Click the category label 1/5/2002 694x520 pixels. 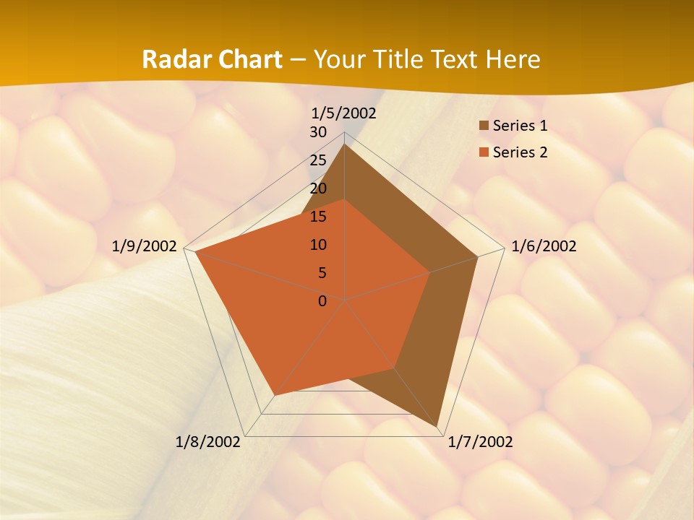[344, 113]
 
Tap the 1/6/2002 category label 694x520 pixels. [544, 246]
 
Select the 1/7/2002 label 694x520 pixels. [480, 442]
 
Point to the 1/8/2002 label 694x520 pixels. [208, 442]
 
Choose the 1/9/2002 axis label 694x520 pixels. [145, 246]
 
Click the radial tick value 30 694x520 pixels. [318, 133]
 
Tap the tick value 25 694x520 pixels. [318, 160]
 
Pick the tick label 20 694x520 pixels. [318, 188]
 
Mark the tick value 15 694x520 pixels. [318, 217]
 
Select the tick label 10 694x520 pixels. [318, 245]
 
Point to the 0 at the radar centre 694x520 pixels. [322, 301]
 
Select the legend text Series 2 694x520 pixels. [520, 152]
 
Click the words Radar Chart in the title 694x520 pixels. [212, 59]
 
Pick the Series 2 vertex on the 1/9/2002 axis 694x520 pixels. [196, 252]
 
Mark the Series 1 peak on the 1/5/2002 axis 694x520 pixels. [344, 144]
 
